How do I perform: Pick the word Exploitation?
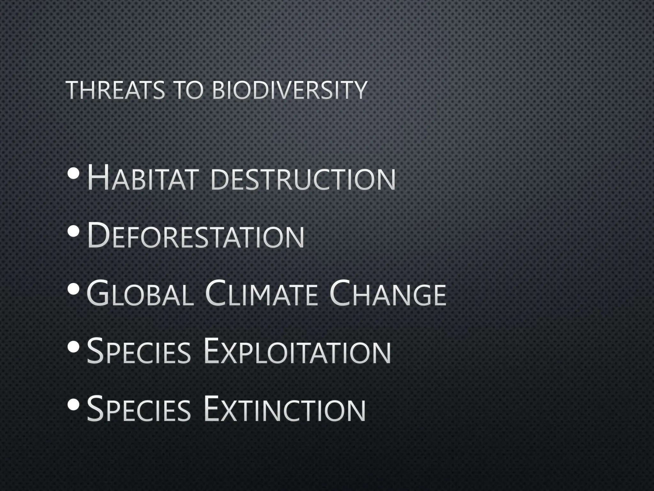(297, 351)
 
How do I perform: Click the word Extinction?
(284, 409)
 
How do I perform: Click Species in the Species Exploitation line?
(139, 351)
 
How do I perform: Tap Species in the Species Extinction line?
(139, 409)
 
